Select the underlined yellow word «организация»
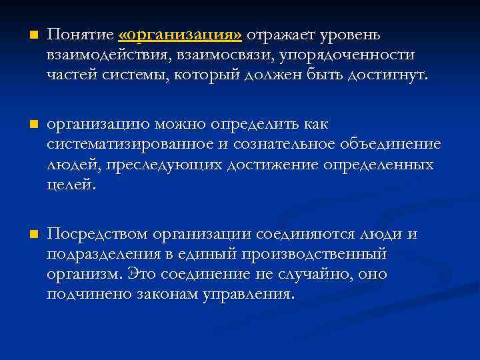(180, 34)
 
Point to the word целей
(71, 184)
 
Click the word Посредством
(97, 234)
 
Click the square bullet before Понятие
(26, 34)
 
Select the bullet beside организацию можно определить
(26, 124)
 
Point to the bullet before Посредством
(26, 234)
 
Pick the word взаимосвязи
(227, 55)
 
